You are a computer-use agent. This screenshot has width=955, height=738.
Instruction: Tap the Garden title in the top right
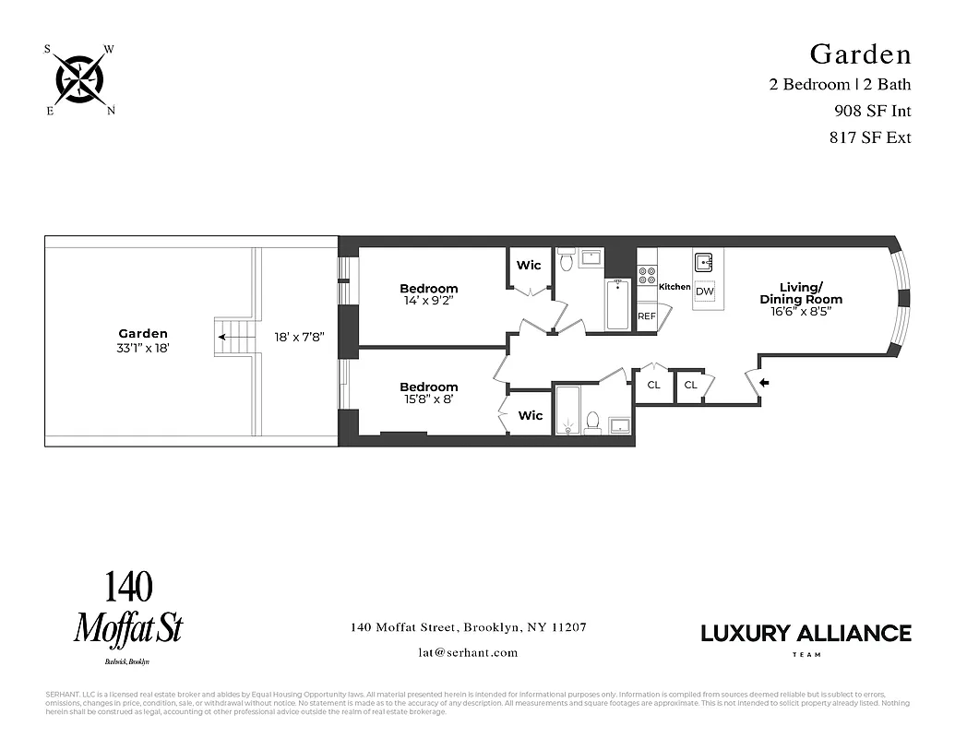(860, 54)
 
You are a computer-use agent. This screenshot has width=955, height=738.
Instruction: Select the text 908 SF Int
(871, 111)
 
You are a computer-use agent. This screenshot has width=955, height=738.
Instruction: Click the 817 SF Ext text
(871, 137)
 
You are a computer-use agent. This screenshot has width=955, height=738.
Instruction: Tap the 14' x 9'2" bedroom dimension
(428, 301)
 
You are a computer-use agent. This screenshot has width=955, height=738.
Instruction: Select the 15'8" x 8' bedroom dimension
(428, 399)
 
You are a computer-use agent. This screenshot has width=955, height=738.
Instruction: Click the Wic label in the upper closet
(529, 266)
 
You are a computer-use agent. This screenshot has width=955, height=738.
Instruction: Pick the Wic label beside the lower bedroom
(531, 416)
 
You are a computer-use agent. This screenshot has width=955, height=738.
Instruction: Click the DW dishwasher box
(705, 292)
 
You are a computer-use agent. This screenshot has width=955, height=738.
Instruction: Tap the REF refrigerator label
(647, 316)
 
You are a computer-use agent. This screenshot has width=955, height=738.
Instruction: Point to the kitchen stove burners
(647, 275)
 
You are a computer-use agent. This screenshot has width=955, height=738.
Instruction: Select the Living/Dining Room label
(800, 293)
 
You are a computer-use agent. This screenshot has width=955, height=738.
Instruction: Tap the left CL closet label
(653, 385)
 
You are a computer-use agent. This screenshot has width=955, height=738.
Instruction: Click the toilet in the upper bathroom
(567, 260)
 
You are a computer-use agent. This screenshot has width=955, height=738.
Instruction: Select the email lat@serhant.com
(468, 652)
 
